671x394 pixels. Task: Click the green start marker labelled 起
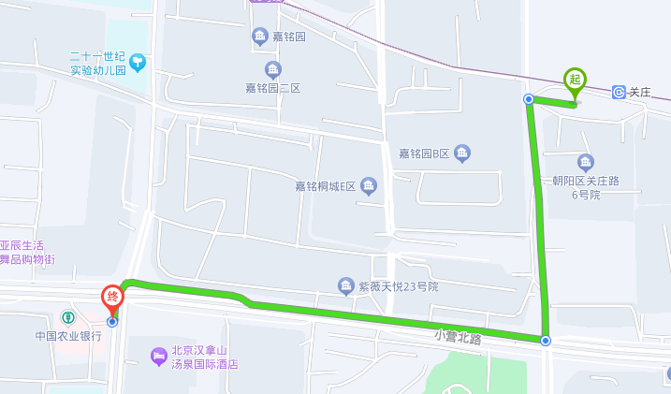(575, 80)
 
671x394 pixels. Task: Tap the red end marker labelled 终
(112, 299)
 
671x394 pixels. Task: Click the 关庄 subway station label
(639, 92)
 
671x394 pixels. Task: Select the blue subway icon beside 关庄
(619, 92)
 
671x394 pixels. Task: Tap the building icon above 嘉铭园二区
(272, 69)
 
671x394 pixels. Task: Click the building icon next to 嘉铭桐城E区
(369, 186)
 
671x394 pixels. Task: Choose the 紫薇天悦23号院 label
(399, 286)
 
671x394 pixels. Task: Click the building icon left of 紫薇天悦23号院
(346, 285)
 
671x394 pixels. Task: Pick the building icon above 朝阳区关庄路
(586, 161)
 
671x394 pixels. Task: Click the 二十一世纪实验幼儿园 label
(97, 63)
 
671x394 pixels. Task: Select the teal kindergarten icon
(139, 63)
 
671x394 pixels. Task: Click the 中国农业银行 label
(68, 336)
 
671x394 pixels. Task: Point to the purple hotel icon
(158, 356)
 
